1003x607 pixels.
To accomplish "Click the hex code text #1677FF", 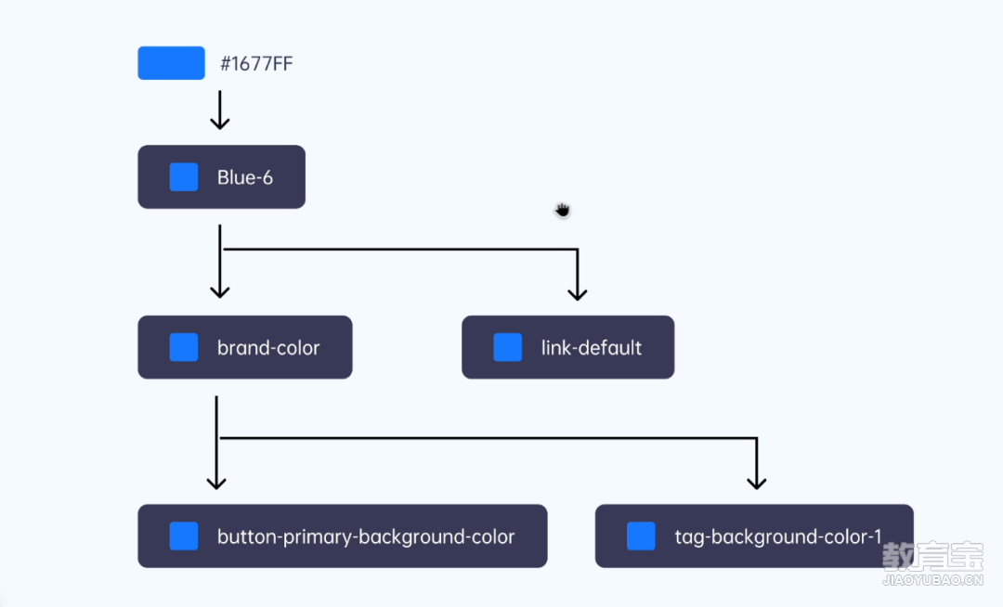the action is (256, 63).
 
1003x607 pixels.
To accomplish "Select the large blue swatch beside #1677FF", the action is (172, 62).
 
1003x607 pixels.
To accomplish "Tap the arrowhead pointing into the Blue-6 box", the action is (220, 122).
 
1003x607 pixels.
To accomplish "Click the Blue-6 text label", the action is (245, 177).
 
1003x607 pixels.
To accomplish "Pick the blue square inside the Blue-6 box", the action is (184, 177).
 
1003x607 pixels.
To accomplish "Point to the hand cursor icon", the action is (562, 210).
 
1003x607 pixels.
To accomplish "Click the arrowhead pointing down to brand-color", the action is (220, 291).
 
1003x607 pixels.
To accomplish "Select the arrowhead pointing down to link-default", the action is (578, 292).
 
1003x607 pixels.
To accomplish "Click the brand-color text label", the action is (268, 348).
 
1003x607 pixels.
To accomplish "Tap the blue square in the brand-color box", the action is (184, 347).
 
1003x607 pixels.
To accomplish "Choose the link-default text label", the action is (592, 348).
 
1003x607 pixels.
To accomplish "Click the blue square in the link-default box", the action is (508, 347).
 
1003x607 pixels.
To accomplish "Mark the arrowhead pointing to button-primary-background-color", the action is (216, 481).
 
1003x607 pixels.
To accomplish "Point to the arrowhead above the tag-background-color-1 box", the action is (757, 481).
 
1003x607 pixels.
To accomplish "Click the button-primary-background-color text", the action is (366, 536).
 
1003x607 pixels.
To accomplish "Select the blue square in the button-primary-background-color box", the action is (184, 536).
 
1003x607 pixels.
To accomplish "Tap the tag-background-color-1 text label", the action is (778, 536).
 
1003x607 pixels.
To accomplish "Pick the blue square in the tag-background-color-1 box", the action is (641, 536).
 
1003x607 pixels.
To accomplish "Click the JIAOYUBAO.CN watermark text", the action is (932, 580).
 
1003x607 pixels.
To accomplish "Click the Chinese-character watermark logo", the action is (932, 557).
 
